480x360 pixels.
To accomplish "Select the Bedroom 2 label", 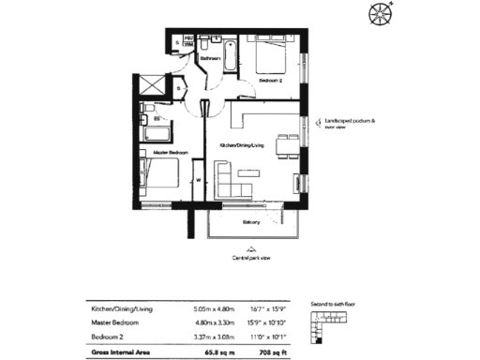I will pos(270,82).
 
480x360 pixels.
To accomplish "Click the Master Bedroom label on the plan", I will pos(170,152).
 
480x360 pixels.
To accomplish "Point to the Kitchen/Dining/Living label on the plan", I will pos(242,146).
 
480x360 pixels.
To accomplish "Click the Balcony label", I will pos(250,222).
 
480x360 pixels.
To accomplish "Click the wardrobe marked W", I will pos(198,179).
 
